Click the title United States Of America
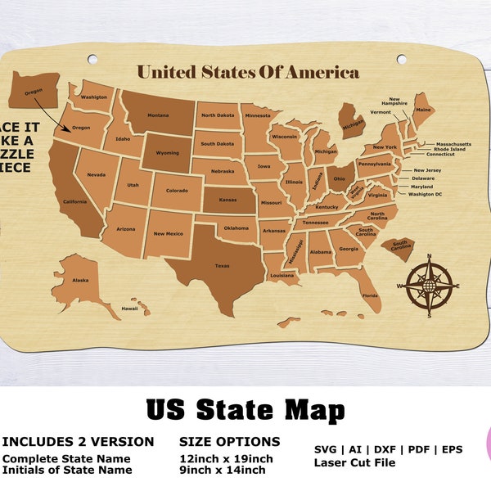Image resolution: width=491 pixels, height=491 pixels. [248, 72]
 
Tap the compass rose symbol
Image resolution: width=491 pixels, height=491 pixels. [428, 286]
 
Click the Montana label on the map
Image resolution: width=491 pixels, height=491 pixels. [158, 116]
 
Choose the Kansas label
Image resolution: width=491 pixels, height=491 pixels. [227, 199]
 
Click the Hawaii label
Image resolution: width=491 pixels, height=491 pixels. [130, 309]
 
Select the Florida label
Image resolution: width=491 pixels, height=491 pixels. [370, 295]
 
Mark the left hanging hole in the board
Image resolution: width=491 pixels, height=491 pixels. [92, 59]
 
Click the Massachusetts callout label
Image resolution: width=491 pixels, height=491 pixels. [458, 144]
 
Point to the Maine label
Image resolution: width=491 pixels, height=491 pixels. [423, 109]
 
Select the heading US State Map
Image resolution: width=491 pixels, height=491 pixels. [245, 408]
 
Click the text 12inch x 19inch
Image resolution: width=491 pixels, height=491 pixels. [226, 458]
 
